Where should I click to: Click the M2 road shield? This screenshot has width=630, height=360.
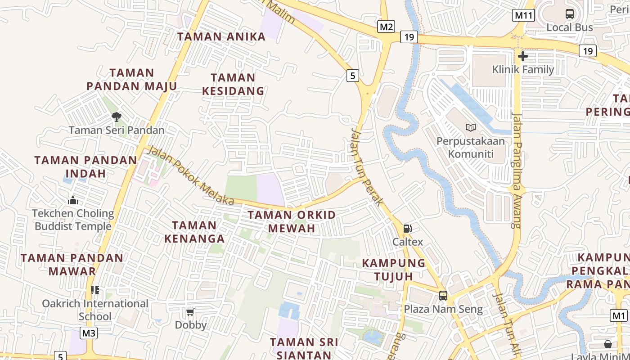[x=386, y=27]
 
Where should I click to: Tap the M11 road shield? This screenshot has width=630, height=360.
[x=523, y=16]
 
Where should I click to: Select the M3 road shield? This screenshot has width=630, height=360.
[x=89, y=333]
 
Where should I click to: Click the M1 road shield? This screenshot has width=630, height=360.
[x=619, y=315]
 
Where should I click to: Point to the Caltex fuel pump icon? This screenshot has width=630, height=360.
[x=407, y=229]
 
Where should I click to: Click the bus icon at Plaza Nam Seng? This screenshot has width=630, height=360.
[x=443, y=296]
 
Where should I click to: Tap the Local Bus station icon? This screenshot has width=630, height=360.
[x=570, y=14]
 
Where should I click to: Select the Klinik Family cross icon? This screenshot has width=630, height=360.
[x=522, y=56]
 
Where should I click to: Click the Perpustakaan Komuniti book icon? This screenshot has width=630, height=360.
[x=471, y=128]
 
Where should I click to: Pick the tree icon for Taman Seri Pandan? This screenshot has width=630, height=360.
[x=117, y=117]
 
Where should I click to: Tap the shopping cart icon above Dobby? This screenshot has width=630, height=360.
[x=190, y=311]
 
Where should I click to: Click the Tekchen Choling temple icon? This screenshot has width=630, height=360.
[x=73, y=200]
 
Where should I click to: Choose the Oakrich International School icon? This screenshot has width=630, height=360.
[x=95, y=290]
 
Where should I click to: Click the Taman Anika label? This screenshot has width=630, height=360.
[x=221, y=37]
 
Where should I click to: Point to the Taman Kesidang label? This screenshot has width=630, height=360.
[x=233, y=84]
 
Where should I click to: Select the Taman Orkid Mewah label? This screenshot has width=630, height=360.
[x=292, y=221]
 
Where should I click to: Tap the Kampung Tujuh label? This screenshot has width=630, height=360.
[x=394, y=269]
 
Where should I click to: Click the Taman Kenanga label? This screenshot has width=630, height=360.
[x=194, y=232]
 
